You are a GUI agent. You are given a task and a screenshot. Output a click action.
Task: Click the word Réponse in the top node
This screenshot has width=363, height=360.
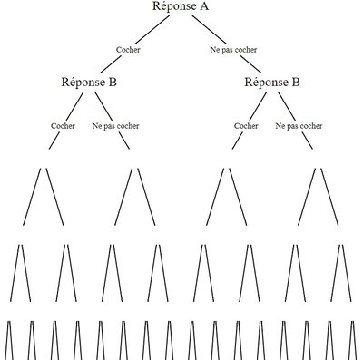tap(172, 7)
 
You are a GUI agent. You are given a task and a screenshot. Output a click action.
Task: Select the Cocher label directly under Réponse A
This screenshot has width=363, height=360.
tap(130, 49)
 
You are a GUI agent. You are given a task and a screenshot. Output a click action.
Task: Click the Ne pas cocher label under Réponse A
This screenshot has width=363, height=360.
tap(233, 49)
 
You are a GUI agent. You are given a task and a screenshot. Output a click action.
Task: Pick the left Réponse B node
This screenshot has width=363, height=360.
tap(89, 82)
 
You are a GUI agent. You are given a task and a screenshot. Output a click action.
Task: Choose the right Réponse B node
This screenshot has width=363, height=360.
tap(272, 82)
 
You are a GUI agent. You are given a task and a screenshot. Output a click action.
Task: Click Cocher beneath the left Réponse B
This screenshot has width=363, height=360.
tap(64, 126)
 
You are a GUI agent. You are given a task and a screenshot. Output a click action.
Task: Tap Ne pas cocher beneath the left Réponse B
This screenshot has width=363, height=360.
tap(115, 126)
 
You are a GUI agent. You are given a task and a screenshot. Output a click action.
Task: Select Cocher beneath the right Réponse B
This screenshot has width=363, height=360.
tap(247, 126)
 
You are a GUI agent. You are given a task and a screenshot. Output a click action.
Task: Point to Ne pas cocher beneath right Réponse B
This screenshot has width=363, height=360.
tap(299, 126)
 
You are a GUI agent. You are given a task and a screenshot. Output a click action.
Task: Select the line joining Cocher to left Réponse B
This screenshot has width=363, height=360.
tap(113, 64)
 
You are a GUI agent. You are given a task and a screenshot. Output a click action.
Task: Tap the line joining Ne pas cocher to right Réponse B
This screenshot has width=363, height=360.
tap(251, 64)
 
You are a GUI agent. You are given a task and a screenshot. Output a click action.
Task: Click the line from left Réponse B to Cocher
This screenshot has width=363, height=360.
tap(75, 105)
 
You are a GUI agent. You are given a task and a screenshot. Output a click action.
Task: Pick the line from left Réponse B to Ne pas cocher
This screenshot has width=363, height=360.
tap(103, 105)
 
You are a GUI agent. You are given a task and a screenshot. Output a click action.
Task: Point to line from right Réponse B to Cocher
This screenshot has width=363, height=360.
tap(259, 105)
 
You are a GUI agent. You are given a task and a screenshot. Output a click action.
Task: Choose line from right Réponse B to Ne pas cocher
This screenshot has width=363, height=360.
tap(286, 105)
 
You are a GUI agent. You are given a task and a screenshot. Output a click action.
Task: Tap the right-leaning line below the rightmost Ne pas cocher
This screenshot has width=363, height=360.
tap(329, 195)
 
